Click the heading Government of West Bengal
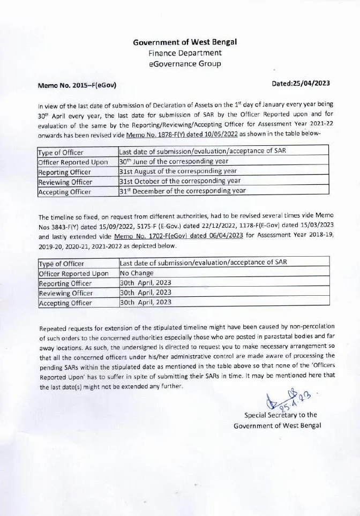185,42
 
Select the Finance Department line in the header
185,53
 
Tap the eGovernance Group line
185,64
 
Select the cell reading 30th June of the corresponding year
174,161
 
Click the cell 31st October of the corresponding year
179,181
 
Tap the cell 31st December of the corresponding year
182,190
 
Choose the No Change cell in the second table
137,273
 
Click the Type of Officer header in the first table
62,152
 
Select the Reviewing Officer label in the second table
65,293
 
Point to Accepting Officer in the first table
65,191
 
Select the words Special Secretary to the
280,415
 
